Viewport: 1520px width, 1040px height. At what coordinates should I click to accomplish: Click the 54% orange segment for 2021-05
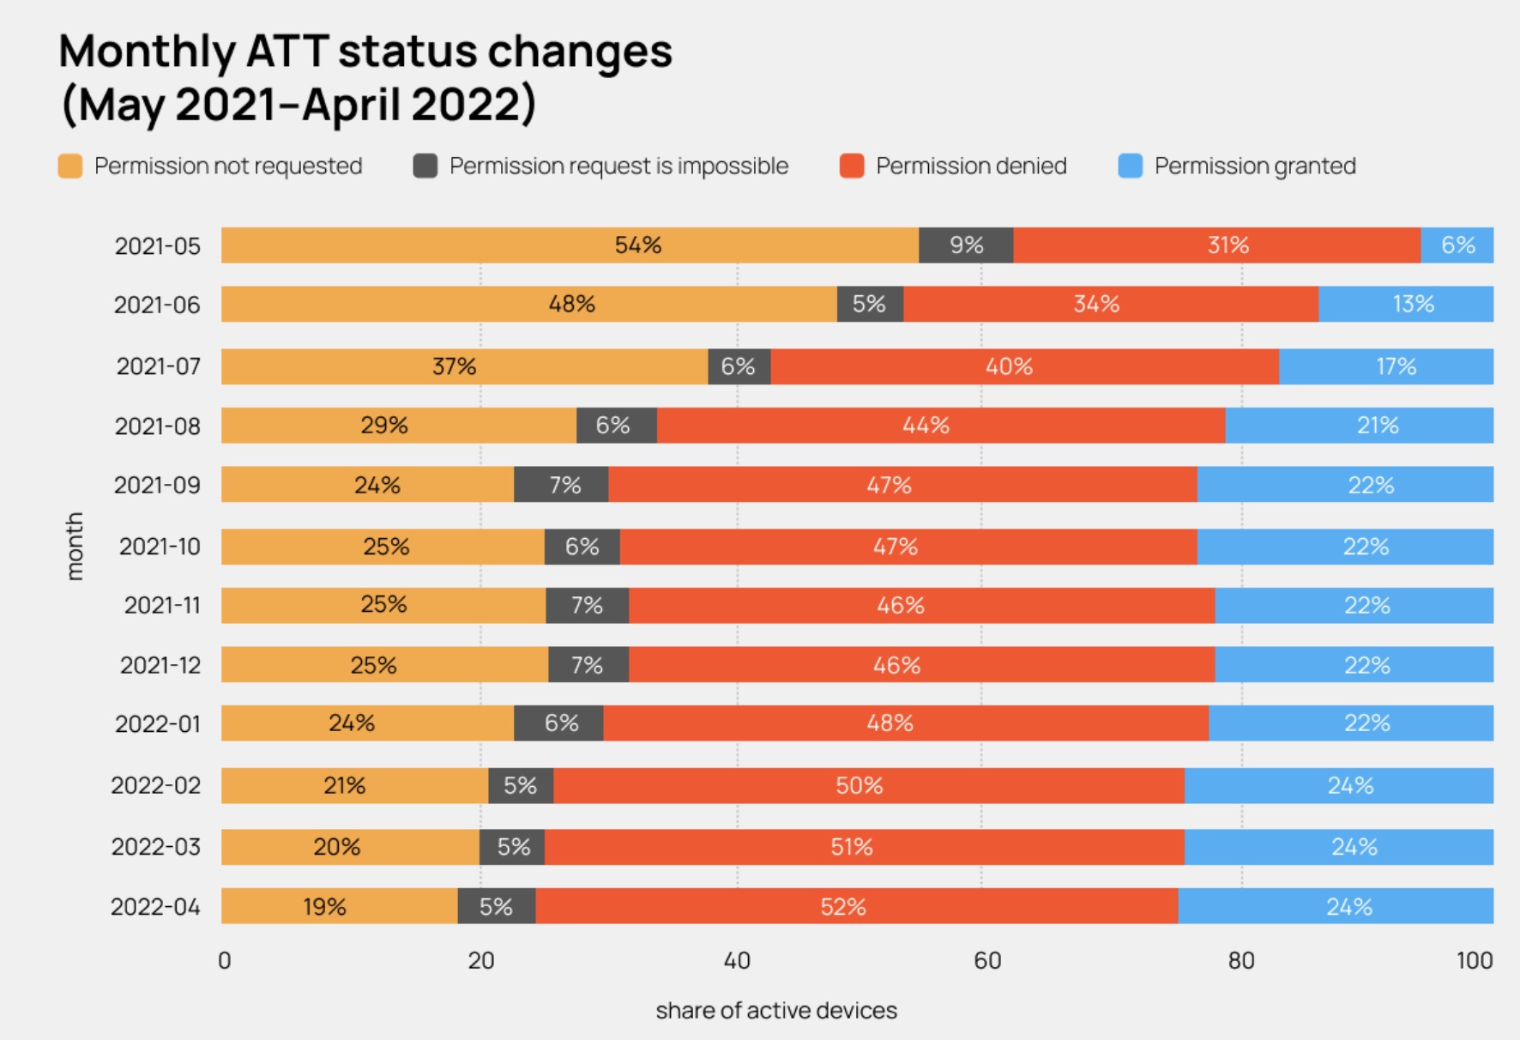point(570,245)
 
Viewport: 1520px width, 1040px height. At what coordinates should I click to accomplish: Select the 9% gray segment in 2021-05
point(966,245)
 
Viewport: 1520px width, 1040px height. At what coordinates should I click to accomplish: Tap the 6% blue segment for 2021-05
point(1457,245)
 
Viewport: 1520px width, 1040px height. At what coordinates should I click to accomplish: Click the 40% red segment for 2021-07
point(1024,366)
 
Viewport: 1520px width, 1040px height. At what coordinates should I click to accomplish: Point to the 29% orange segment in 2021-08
point(399,426)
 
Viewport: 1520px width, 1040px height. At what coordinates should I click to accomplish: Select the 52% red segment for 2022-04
point(856,907)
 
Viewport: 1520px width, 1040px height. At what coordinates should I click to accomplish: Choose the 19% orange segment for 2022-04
point(339,907)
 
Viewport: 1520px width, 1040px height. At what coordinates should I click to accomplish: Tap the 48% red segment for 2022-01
point(905,723)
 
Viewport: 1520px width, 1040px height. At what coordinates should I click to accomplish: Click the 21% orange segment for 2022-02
point(354,786)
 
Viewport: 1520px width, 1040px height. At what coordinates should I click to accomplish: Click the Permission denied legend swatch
point(852,166)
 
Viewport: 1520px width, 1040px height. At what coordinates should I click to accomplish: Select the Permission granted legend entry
point(1254,166)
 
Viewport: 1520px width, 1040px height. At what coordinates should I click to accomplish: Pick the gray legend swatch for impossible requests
point(425,166)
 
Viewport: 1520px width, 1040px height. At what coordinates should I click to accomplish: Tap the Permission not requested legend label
point(228,166)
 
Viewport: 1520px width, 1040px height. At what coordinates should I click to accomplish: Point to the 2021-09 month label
point(157,486)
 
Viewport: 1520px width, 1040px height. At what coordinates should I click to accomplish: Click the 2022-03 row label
point(155,848)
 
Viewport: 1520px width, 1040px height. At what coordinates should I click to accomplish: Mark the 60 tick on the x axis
point(987,961)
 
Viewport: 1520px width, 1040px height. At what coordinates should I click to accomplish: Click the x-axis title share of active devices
point(776,1011)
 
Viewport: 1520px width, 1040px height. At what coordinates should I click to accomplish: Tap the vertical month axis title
point(75,547)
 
